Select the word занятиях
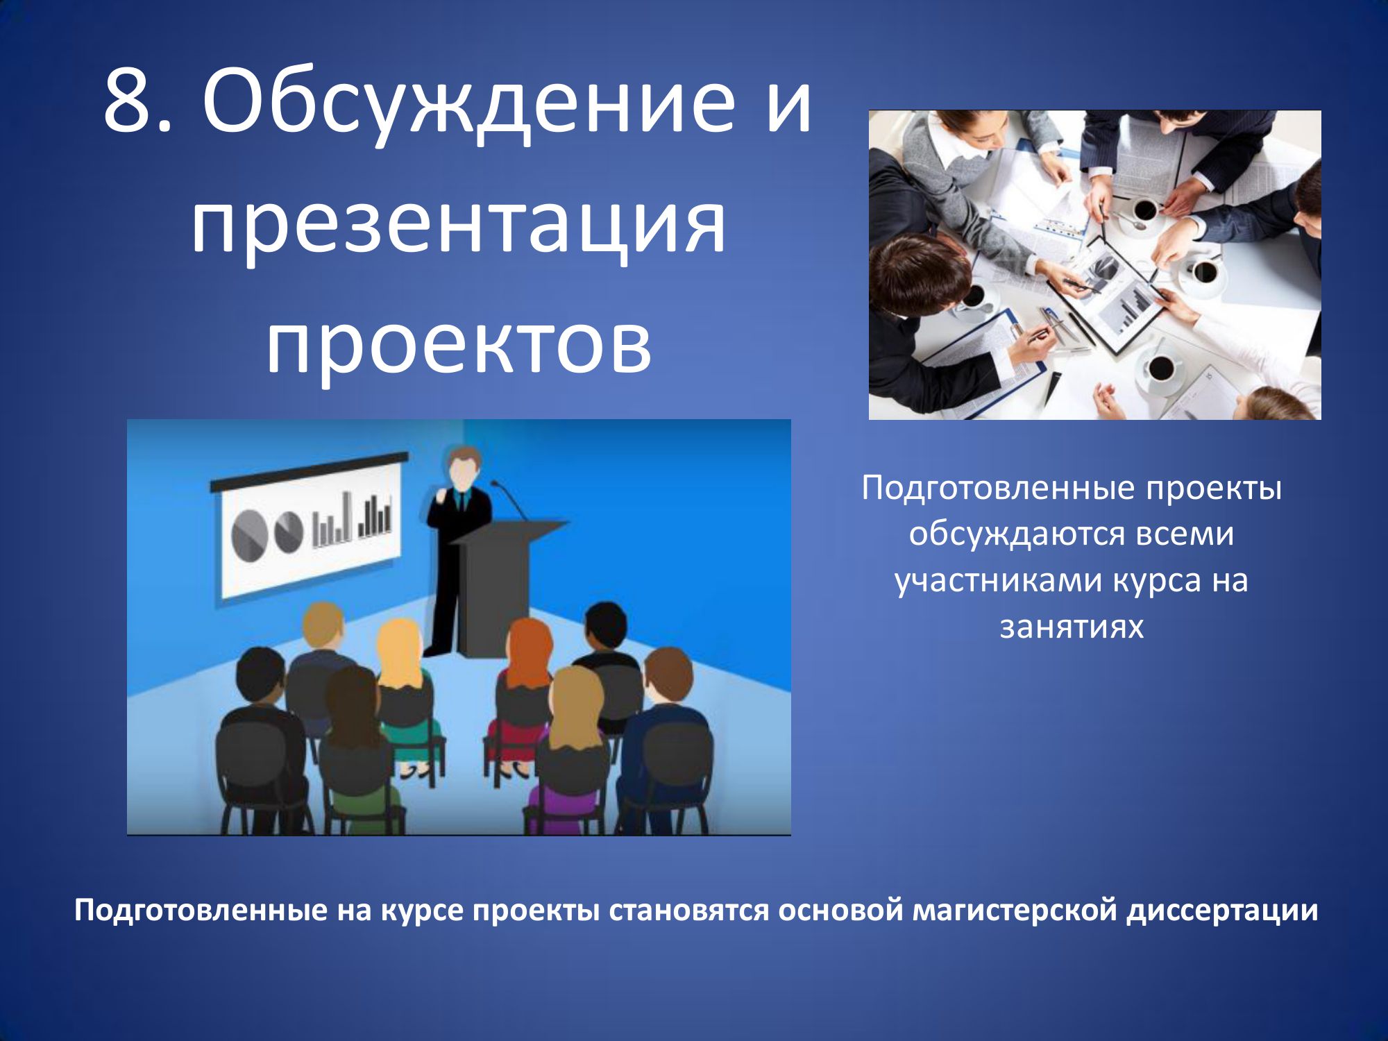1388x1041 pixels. point(1072,627)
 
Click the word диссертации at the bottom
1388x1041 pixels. point(1221,911)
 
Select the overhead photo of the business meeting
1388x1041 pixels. point(1095,264)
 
